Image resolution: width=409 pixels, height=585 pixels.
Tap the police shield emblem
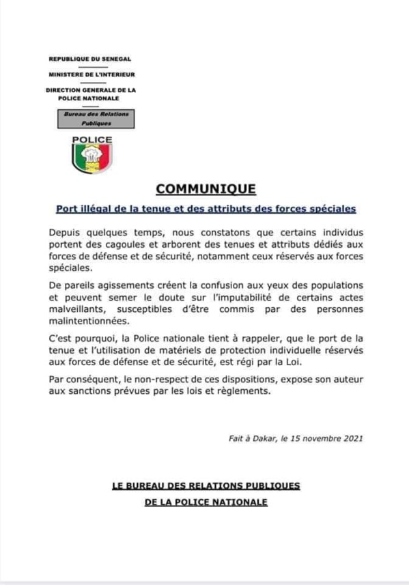(x=92, y=158)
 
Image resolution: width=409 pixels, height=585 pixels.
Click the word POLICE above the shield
(x=92, y=139)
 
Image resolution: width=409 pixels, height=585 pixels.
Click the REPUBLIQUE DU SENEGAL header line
(x=90, y=60)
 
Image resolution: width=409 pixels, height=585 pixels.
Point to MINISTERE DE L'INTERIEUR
(x=90, y=74)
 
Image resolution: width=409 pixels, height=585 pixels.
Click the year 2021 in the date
(x=350, y=439)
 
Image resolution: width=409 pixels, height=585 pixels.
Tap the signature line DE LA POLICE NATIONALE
(x=206, y=502)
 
